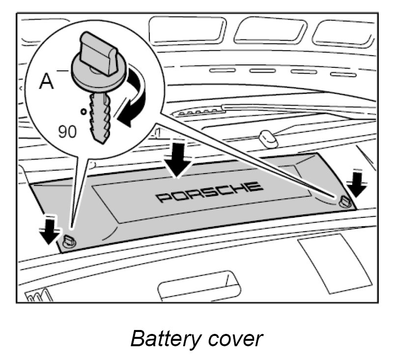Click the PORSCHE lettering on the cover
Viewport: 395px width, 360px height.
(x=209, y=192)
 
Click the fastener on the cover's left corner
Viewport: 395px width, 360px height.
(x=69, y=240)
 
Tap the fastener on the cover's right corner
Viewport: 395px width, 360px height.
(x=344, y=200)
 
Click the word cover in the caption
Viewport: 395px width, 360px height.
(x=235, y=339)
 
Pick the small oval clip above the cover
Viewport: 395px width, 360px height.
(x=268, y=138)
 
